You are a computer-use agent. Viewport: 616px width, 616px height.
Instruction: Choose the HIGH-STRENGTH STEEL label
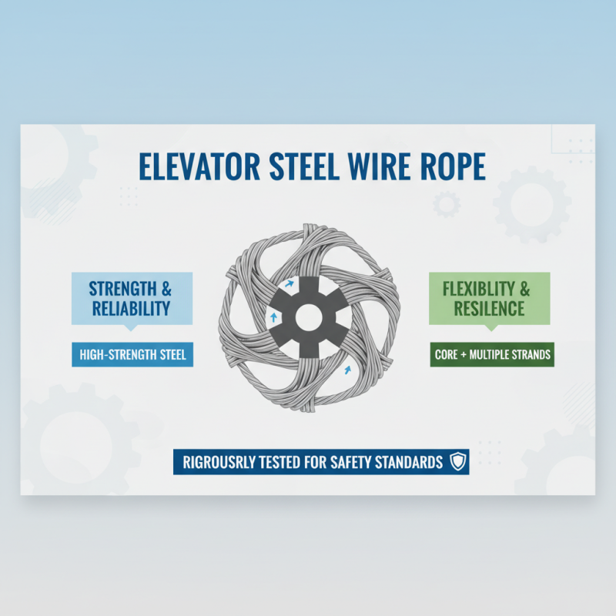point(132,355)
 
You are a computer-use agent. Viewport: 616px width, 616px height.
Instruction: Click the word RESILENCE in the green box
point(489,309)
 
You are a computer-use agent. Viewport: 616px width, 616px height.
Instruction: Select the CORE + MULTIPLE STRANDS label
point(491,355)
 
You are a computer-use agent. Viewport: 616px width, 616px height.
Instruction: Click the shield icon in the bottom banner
point(458,462)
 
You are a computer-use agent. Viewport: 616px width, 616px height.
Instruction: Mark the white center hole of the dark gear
point(308,316)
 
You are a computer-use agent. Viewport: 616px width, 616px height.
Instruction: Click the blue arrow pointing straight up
point(273,316)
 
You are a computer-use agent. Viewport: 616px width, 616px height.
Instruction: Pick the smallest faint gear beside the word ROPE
point(446,204)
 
